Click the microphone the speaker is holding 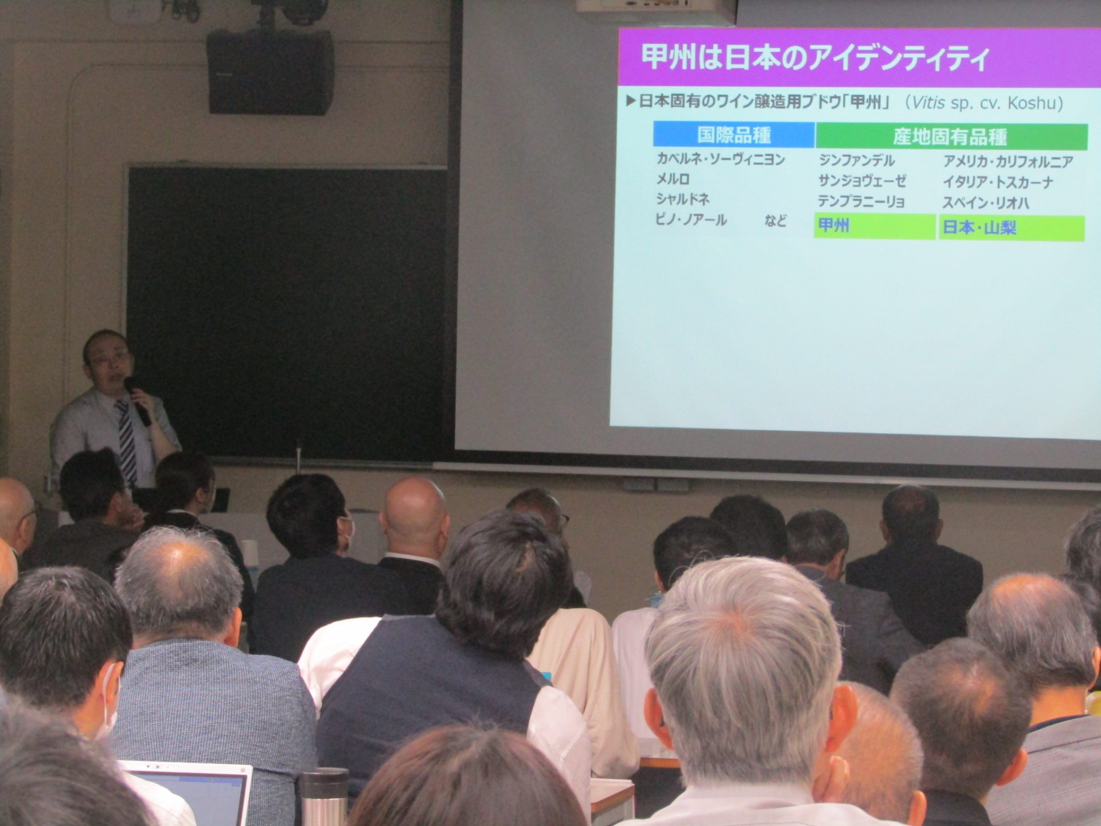click(138, 401)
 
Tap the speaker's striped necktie click(127, 442)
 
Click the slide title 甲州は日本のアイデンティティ click(815, 59)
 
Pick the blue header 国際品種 click(734, 135)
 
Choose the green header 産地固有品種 click(950, 137)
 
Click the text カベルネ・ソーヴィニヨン click(721, 159)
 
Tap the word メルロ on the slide click(673, 179)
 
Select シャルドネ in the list click(683, 199)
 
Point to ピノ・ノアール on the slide click(691, 220)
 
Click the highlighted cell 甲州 click(874, 226)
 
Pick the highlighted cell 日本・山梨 click(1012, 228)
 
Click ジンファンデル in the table click(857, 160)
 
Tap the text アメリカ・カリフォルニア click(1008, 162)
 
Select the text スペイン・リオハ click(986, 203)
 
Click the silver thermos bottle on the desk click(325, 797)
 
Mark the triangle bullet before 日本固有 click(631, 101)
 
